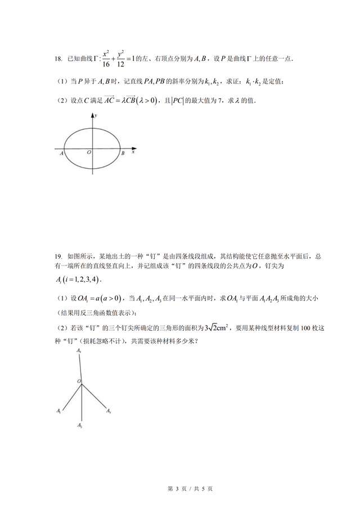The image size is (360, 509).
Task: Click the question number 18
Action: [57, 58]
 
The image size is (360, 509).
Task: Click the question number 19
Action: [57, 256]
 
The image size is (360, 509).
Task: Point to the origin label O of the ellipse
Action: [88, 152]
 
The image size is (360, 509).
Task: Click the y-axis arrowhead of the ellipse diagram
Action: [92, 115]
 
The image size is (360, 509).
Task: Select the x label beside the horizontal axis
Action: [133, 152]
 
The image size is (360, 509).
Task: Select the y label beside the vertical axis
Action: [96, 115]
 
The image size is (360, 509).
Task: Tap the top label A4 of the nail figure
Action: [79, 351]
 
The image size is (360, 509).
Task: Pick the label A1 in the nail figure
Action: [58, 412]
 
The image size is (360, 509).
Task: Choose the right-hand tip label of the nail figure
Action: [109, 412]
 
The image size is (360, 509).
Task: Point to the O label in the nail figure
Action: [79, 381]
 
